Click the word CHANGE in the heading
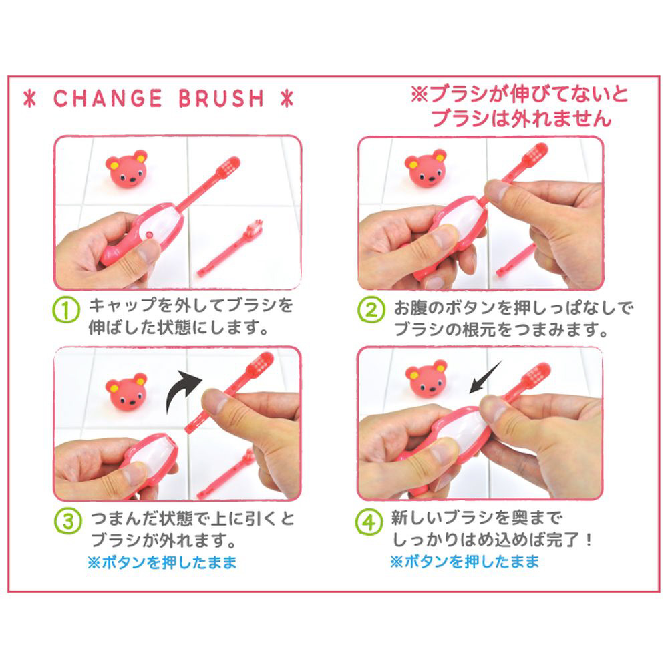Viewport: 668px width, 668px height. tap(108, 98)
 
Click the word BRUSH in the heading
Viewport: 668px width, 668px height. tap(221, 98)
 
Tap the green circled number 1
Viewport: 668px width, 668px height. tap(66, 310)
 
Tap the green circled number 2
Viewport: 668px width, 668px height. tap(371, 310)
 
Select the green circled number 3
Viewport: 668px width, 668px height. tap(67, 522)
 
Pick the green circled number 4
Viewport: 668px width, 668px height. tap(369, 522)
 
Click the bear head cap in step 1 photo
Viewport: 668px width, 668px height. tap(126, 168)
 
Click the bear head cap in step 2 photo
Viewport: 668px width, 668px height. tap(426, 167)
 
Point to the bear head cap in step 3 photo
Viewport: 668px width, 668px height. tap(126, 391)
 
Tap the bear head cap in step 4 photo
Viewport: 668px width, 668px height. tap(426, 379)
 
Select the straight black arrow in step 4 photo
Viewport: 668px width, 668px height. tap(485, 377)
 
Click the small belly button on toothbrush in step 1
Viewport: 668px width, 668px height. tap(149, 234)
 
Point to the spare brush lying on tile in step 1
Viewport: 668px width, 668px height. tap(230, 248)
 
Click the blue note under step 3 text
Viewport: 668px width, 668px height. tap(162, 562)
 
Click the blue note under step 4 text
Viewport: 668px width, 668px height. tap(465, 562)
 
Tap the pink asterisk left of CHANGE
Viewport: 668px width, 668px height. tap(30, 98)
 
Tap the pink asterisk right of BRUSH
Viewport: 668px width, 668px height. tap(287, 98)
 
